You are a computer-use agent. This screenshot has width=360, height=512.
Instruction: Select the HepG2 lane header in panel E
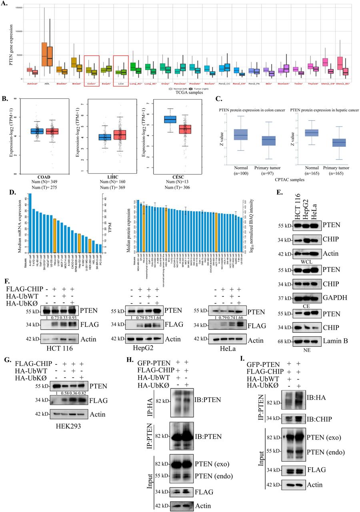pos(308,208)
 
